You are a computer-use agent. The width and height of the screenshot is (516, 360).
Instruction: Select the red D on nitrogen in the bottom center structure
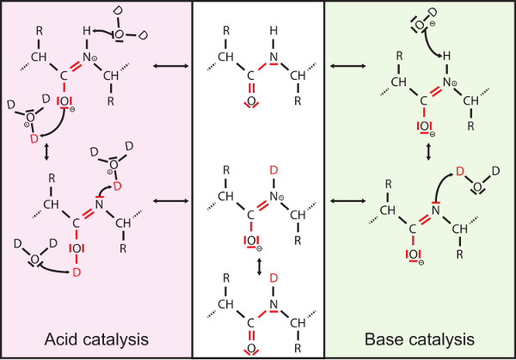(273, 277)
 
